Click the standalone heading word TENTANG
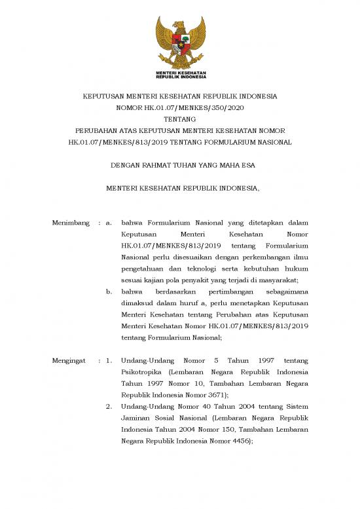(x=180, y=119)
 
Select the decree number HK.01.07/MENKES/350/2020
(x=180, y=107)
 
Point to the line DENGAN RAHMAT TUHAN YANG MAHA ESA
(x=180, y=166)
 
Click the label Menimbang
(x=71, y=223)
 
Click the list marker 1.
(x=110, y=361)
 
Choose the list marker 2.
(x=110, y=407)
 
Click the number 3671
(x=214, y=395)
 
